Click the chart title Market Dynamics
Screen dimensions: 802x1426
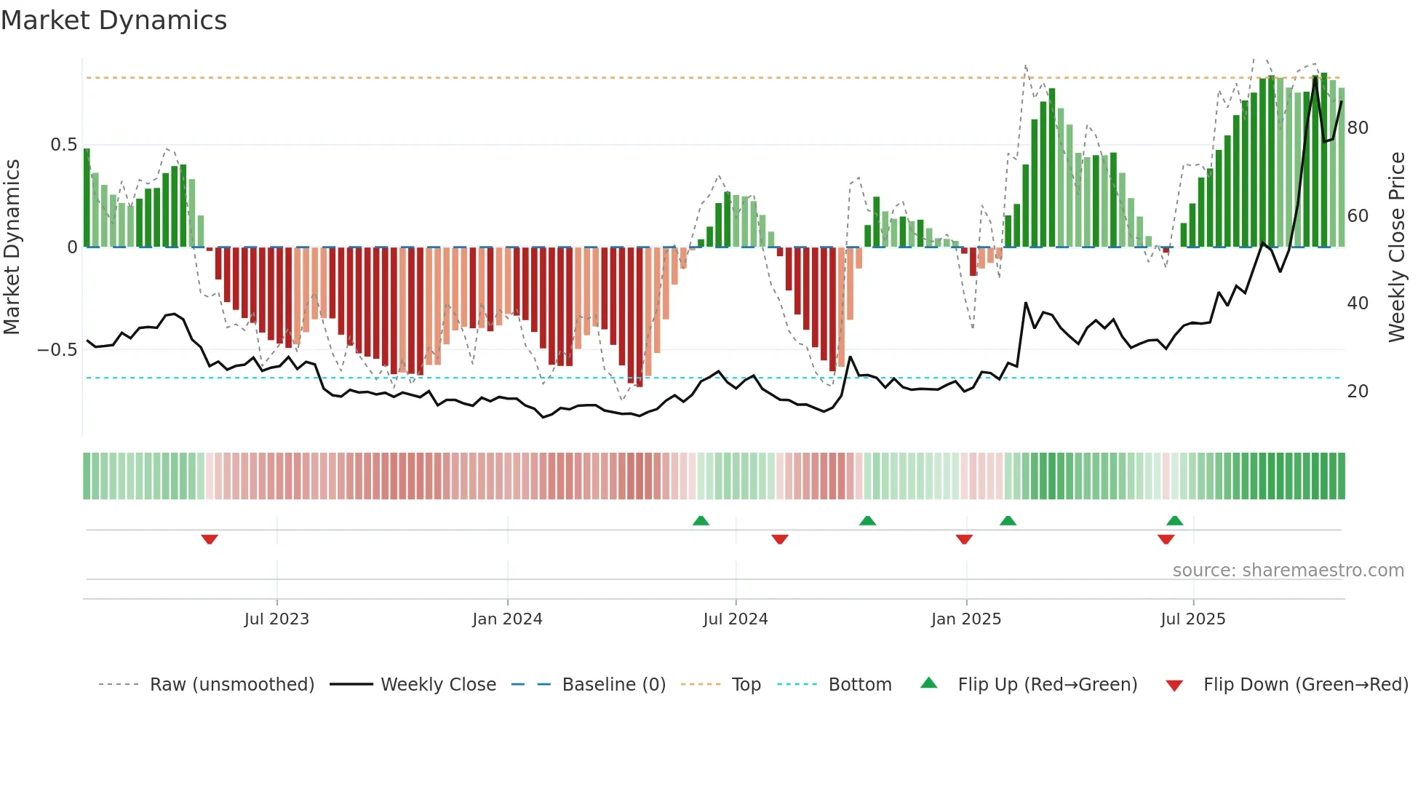pos(113,20)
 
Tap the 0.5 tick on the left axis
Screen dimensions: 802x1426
pos(63,145)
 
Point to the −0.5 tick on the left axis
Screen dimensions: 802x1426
pos(57,350)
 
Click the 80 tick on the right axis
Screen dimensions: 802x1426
pos(1358,128)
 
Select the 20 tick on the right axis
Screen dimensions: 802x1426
pos(1358,392)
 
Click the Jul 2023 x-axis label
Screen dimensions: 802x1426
pos(276,619)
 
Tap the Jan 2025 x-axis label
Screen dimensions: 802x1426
pos(965,619)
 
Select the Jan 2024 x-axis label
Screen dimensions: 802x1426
pos(507,619)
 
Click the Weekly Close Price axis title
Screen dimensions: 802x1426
pos(1396,247)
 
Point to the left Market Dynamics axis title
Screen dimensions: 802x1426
pos(12,247)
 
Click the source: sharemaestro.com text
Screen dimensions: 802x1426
pos(1288,571)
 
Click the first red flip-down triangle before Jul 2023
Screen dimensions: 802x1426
pos(210,539)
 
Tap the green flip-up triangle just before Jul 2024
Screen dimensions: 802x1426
pos(701,520)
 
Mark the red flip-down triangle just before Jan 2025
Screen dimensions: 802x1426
pos(964,539)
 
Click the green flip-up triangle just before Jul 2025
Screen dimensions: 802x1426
pos(1174,520)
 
